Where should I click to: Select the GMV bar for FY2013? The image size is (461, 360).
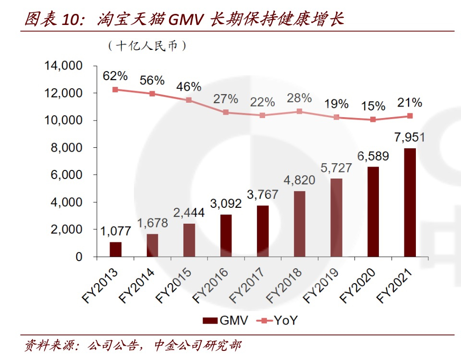pos(115,250)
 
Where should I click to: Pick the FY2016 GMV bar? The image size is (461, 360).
pos(226,236)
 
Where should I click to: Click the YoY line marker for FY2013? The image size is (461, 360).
pos(115,89)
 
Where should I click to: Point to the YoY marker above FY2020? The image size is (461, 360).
pos(373,120)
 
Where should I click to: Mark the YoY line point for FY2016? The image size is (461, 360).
pos(226,112)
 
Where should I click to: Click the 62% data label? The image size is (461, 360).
pos(115,76)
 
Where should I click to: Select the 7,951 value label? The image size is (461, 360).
pos(410,138)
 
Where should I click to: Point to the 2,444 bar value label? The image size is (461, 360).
pos(189,213)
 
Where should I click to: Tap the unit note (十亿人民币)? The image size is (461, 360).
pos(146,46)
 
